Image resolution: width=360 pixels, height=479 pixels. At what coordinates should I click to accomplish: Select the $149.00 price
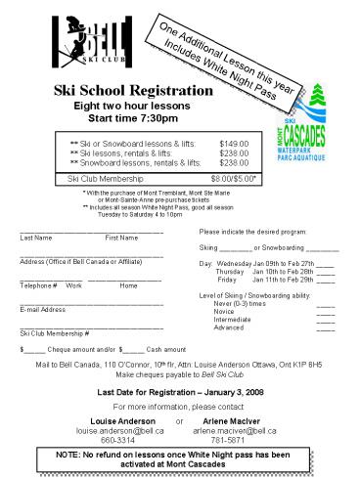point(234,143)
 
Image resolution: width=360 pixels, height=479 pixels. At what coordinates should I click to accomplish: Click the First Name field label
point(122,239)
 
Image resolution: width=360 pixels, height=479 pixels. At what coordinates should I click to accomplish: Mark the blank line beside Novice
point(325,312)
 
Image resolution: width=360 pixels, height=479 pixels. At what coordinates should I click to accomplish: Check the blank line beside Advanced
point(325,327)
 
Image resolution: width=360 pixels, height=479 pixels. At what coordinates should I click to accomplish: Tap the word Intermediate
point(232,320)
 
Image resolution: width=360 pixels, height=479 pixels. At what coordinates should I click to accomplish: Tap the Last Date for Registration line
point(178,391)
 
